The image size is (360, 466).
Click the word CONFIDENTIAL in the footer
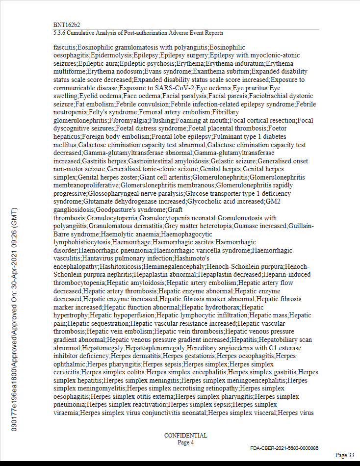(x=185, y=436)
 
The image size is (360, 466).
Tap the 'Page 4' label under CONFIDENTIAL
(x=185, y=442)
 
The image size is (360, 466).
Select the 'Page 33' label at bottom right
(x=344, y=455)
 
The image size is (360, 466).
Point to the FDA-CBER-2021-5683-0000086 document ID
(x=284, y=448)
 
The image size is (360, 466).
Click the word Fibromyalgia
(x=126, y=120)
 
